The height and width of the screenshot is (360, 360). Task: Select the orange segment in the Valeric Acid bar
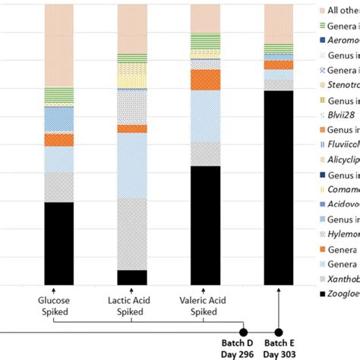coord(215,80)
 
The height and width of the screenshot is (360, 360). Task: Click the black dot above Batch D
coord(243,332)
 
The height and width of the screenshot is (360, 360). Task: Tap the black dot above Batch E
coord(279,332)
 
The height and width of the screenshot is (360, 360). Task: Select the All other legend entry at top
coord(338,11)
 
